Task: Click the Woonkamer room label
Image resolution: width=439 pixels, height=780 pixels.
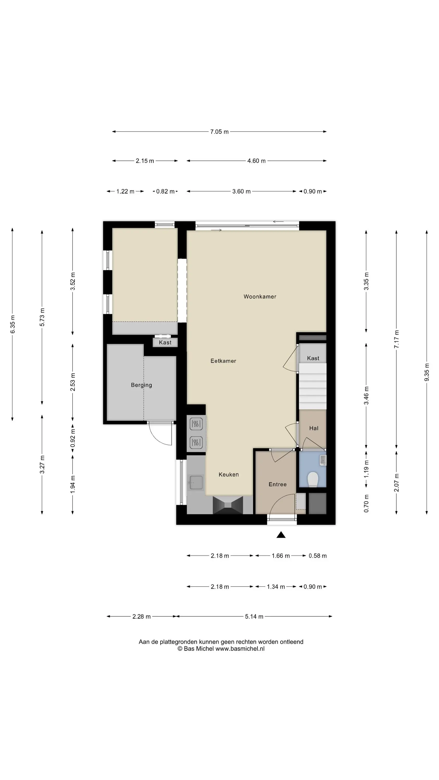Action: click(x=260, y=296)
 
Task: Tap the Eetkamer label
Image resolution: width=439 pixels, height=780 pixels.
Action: click(x=223, y=361)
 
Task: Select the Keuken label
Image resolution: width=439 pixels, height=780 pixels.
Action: click(x=229, y=474)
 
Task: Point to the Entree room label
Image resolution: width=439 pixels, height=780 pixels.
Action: click(x=277, y=484)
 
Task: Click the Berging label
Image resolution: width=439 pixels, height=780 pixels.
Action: click(x=141, y=385)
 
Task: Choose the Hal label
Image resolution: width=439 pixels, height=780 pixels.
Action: click(x=314, y=428)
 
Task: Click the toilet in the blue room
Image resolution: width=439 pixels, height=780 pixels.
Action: click(x=313, y=479)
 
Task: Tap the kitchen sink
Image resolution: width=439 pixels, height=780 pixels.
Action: click(x=196, y=482)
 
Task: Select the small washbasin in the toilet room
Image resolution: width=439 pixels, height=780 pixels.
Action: click(x=323, y=460)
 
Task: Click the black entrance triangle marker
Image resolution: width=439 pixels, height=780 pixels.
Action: click(x=281, y=535)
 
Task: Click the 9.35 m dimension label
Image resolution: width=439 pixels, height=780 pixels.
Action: click(x=427, y=372)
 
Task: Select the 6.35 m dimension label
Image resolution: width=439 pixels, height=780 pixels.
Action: click(x=12, y=324)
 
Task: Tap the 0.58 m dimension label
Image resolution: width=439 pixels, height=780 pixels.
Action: click(x=318, y=556)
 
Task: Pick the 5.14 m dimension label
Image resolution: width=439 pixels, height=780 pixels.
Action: click(x=254, y=616)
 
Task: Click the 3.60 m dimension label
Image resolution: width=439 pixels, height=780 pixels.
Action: click(x=241, y=191)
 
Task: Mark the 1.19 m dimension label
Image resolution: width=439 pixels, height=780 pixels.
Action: click(x=366, y=469)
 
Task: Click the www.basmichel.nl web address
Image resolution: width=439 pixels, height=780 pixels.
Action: click(x=240, y=649)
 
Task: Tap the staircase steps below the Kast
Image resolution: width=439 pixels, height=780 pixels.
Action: click(x=313, y=386)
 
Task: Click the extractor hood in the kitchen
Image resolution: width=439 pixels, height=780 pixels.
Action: click(x=228, y=505)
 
